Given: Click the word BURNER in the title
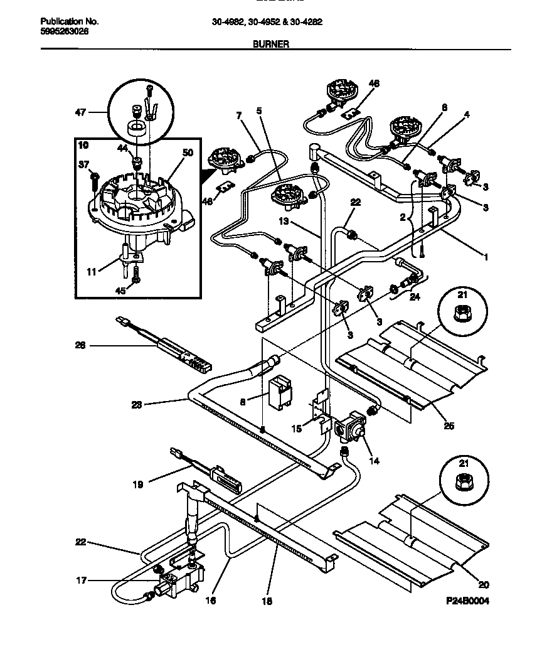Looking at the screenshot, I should (270, 45).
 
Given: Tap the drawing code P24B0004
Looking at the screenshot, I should (467, 601).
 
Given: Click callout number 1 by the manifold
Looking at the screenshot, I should (486, 256).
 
